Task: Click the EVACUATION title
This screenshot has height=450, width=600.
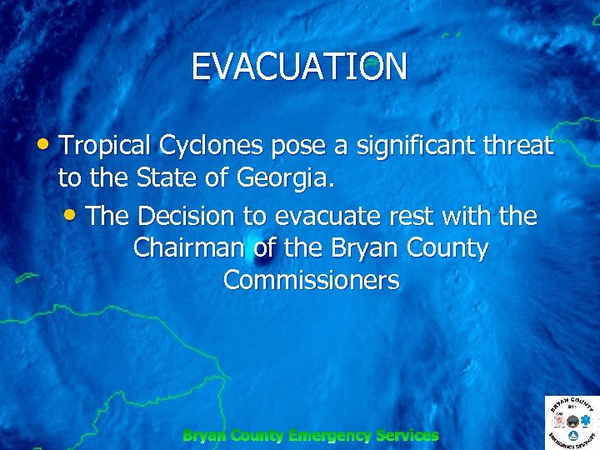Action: (299, 67)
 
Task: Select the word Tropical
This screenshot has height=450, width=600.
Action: (105, 146)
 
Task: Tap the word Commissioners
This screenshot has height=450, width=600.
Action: (312, 280)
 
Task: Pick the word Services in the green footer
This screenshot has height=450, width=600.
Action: (407, 435)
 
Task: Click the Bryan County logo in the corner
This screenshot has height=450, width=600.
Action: (572, 422)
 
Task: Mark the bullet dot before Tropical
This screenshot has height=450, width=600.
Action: (45, 143)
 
